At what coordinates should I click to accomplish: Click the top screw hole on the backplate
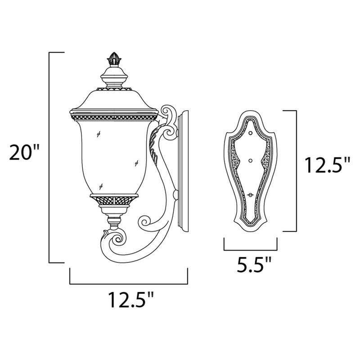[250, 134]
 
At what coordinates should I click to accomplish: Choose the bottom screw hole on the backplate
[250, 194]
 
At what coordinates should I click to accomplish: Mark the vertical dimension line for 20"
[49, 157]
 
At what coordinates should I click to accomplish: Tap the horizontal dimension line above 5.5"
[250, 249]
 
